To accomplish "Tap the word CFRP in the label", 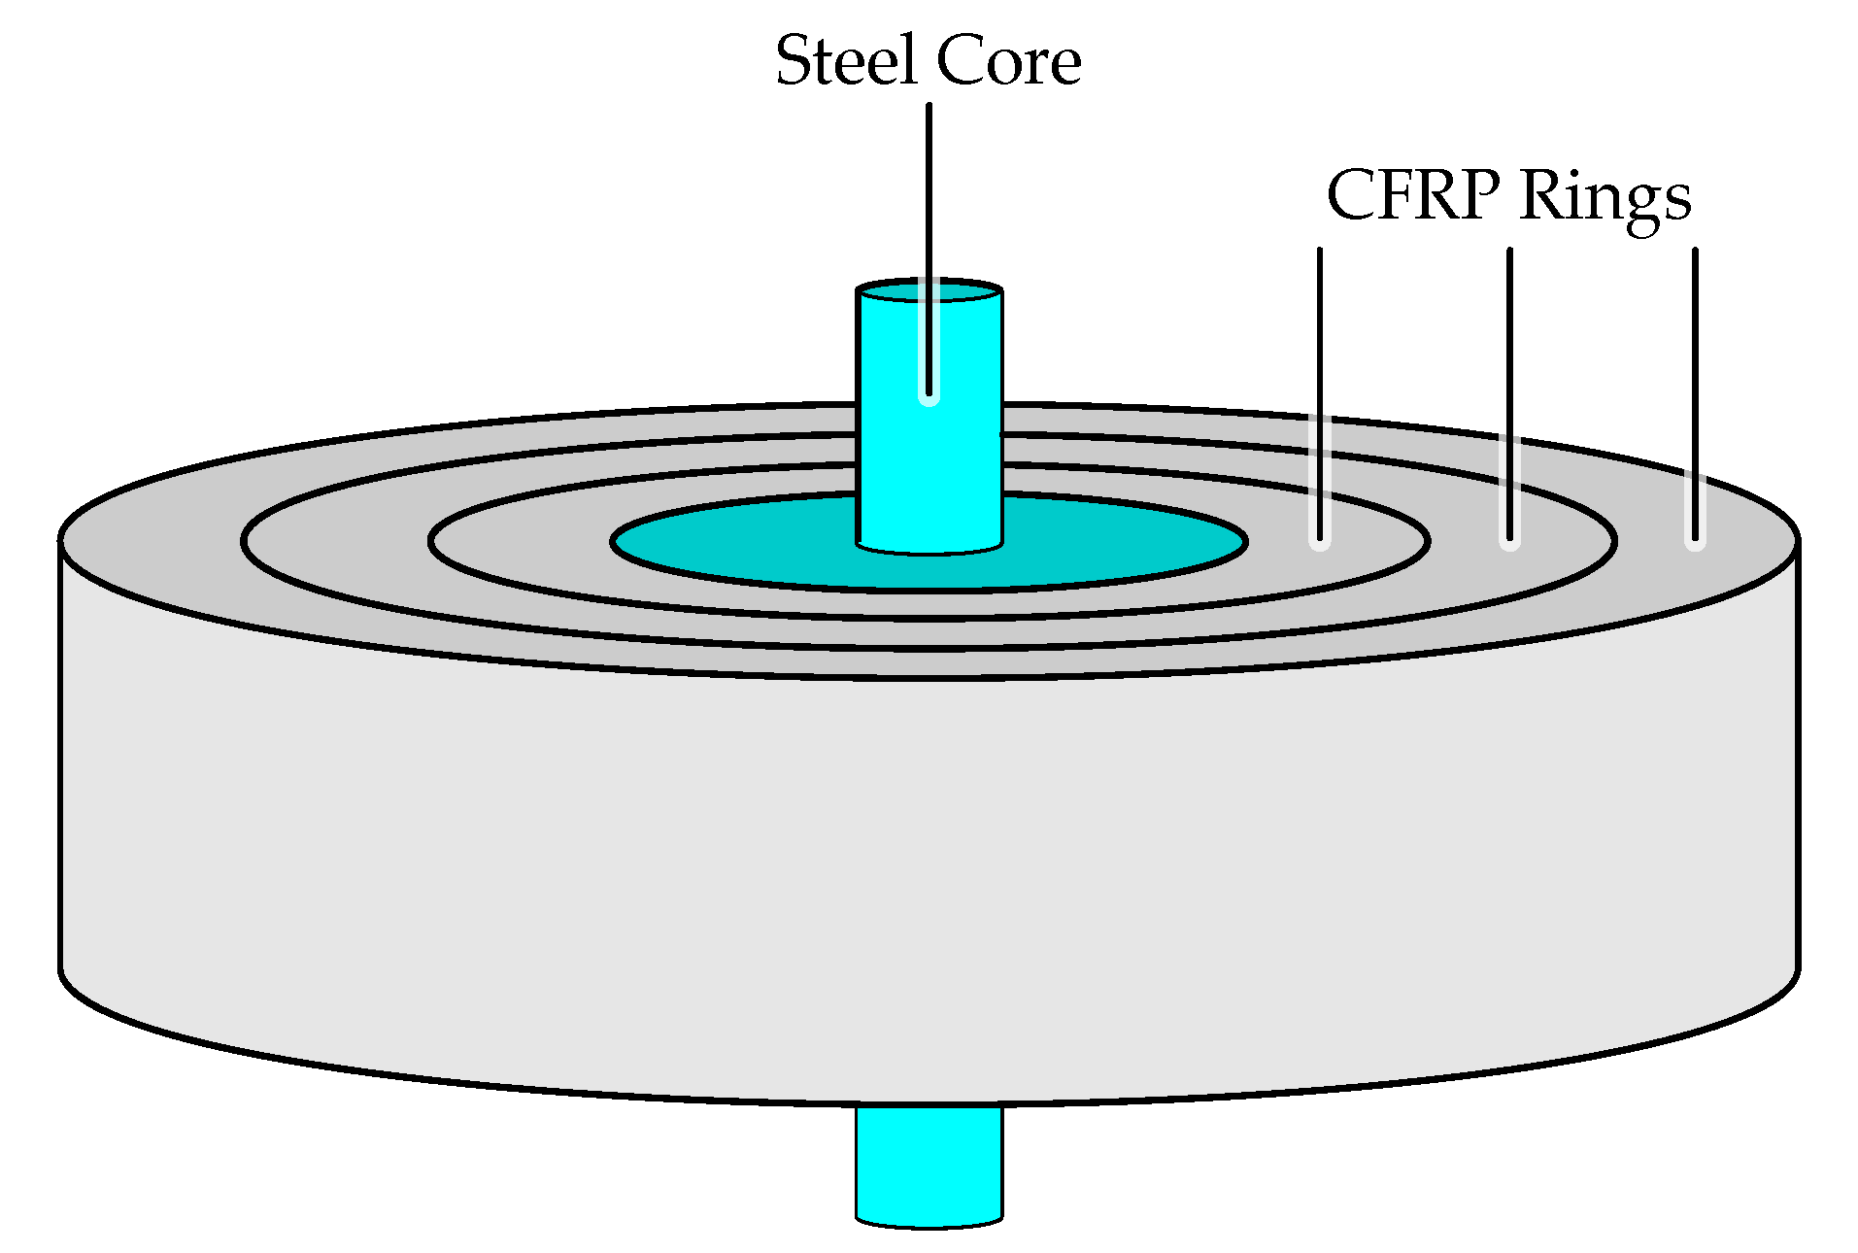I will point(1412,195).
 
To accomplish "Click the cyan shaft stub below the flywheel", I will point(929,1166).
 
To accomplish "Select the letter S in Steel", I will point(794,61).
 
